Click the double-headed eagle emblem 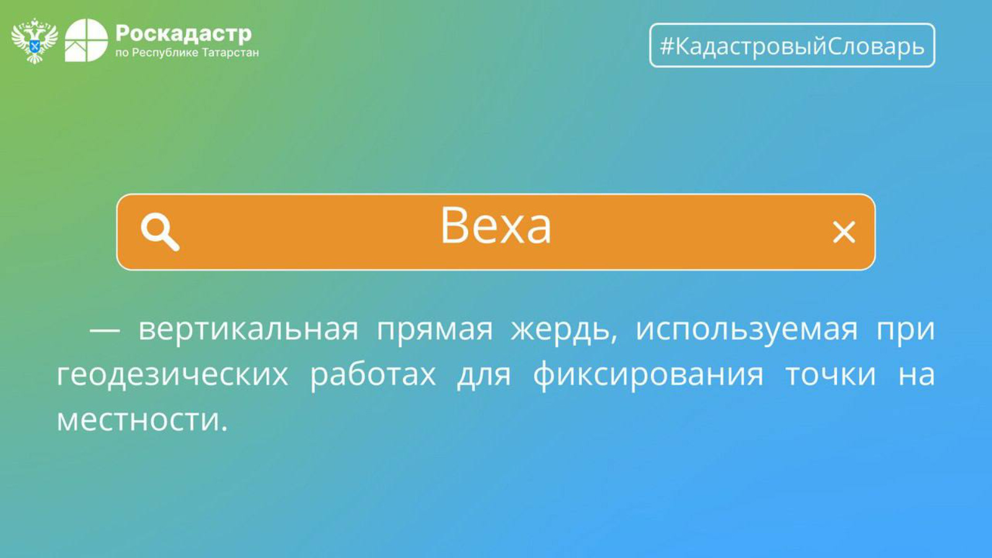pos(34,41)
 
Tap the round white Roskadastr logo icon pos(86,40)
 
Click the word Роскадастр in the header pos(184,33)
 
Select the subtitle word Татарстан pos(230,53)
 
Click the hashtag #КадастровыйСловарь pos(792,46)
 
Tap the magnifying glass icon pos(161,232)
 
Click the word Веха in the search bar pos(496,226)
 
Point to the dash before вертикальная pos(105,330)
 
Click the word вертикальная pos(249,330)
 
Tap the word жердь pos(564,330)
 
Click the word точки pos(831,374)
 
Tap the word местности pos(142,420)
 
